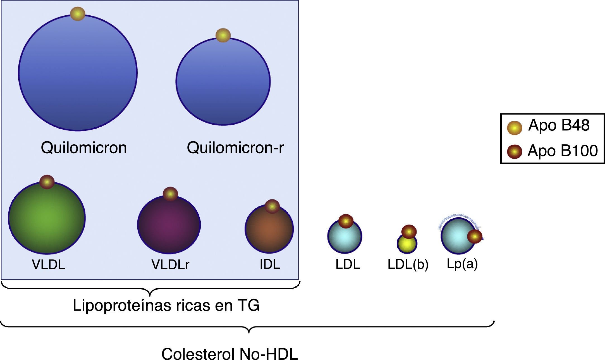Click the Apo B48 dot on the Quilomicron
(78, 14)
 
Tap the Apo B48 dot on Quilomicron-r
(223, 35)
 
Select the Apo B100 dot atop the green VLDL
(47, 182)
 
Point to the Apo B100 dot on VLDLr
(170, 194)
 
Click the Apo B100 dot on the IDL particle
(272, 207)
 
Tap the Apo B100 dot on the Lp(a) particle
(475, 237)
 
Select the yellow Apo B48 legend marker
(514, 128)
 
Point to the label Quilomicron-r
(235, 147)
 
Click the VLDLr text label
(170, 264)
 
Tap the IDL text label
(270, 264)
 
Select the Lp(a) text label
(462, 264)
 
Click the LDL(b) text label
(408, 264)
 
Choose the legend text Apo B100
(563, 151)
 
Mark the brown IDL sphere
(269, 232)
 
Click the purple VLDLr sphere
(169, 226)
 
